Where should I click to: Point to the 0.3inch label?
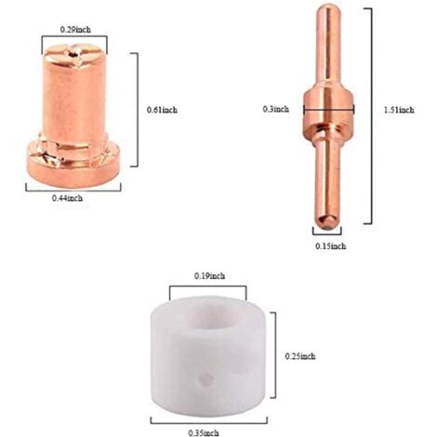click(x=276, y=109)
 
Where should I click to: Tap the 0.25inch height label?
click(x=300, y=355)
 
